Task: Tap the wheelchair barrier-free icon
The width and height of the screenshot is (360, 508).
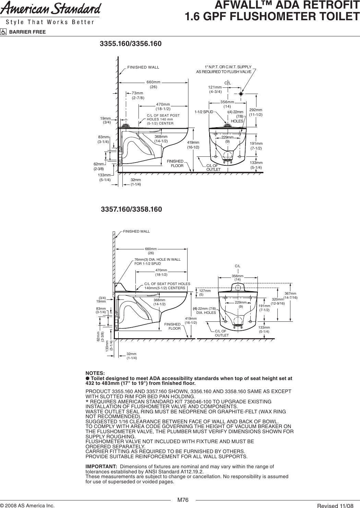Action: point(4,32)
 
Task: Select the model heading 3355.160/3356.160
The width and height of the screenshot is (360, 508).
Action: point(130,44)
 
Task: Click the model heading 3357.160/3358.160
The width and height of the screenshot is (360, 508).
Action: point(131,209)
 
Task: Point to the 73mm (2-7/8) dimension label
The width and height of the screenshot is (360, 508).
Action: point(137,95)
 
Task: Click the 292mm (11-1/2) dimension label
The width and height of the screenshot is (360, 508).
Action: point(256,112)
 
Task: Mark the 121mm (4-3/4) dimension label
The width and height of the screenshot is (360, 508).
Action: point(215,90)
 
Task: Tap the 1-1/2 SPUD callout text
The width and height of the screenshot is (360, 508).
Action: point(204,112)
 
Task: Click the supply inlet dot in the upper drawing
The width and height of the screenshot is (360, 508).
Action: point(241,93)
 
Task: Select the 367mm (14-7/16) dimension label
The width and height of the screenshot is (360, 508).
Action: point(290,296)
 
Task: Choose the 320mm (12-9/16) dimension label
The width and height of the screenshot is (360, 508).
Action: point(278,302)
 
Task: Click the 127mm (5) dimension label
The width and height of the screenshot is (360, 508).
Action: point(204,293)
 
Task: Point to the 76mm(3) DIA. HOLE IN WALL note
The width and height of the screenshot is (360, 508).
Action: point(157,262)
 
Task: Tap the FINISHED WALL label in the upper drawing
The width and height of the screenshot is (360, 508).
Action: point(143,67)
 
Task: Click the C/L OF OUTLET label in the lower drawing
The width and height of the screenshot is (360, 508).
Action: point(221,333)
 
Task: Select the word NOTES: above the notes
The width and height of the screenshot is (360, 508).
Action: point(95,373)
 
